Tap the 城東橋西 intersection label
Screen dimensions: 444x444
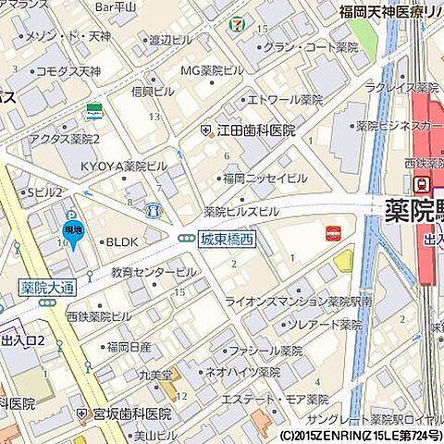pos(228,239)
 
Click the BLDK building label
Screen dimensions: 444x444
pos(120,241)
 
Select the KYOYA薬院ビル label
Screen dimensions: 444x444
pos(123,166)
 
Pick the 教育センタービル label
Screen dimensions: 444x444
pos(154,273)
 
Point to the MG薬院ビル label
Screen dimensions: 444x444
pos(212,71)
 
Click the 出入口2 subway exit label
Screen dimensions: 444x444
pos(25,340)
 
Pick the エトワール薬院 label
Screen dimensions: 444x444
pos(278,99)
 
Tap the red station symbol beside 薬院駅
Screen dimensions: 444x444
pos(421,184)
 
